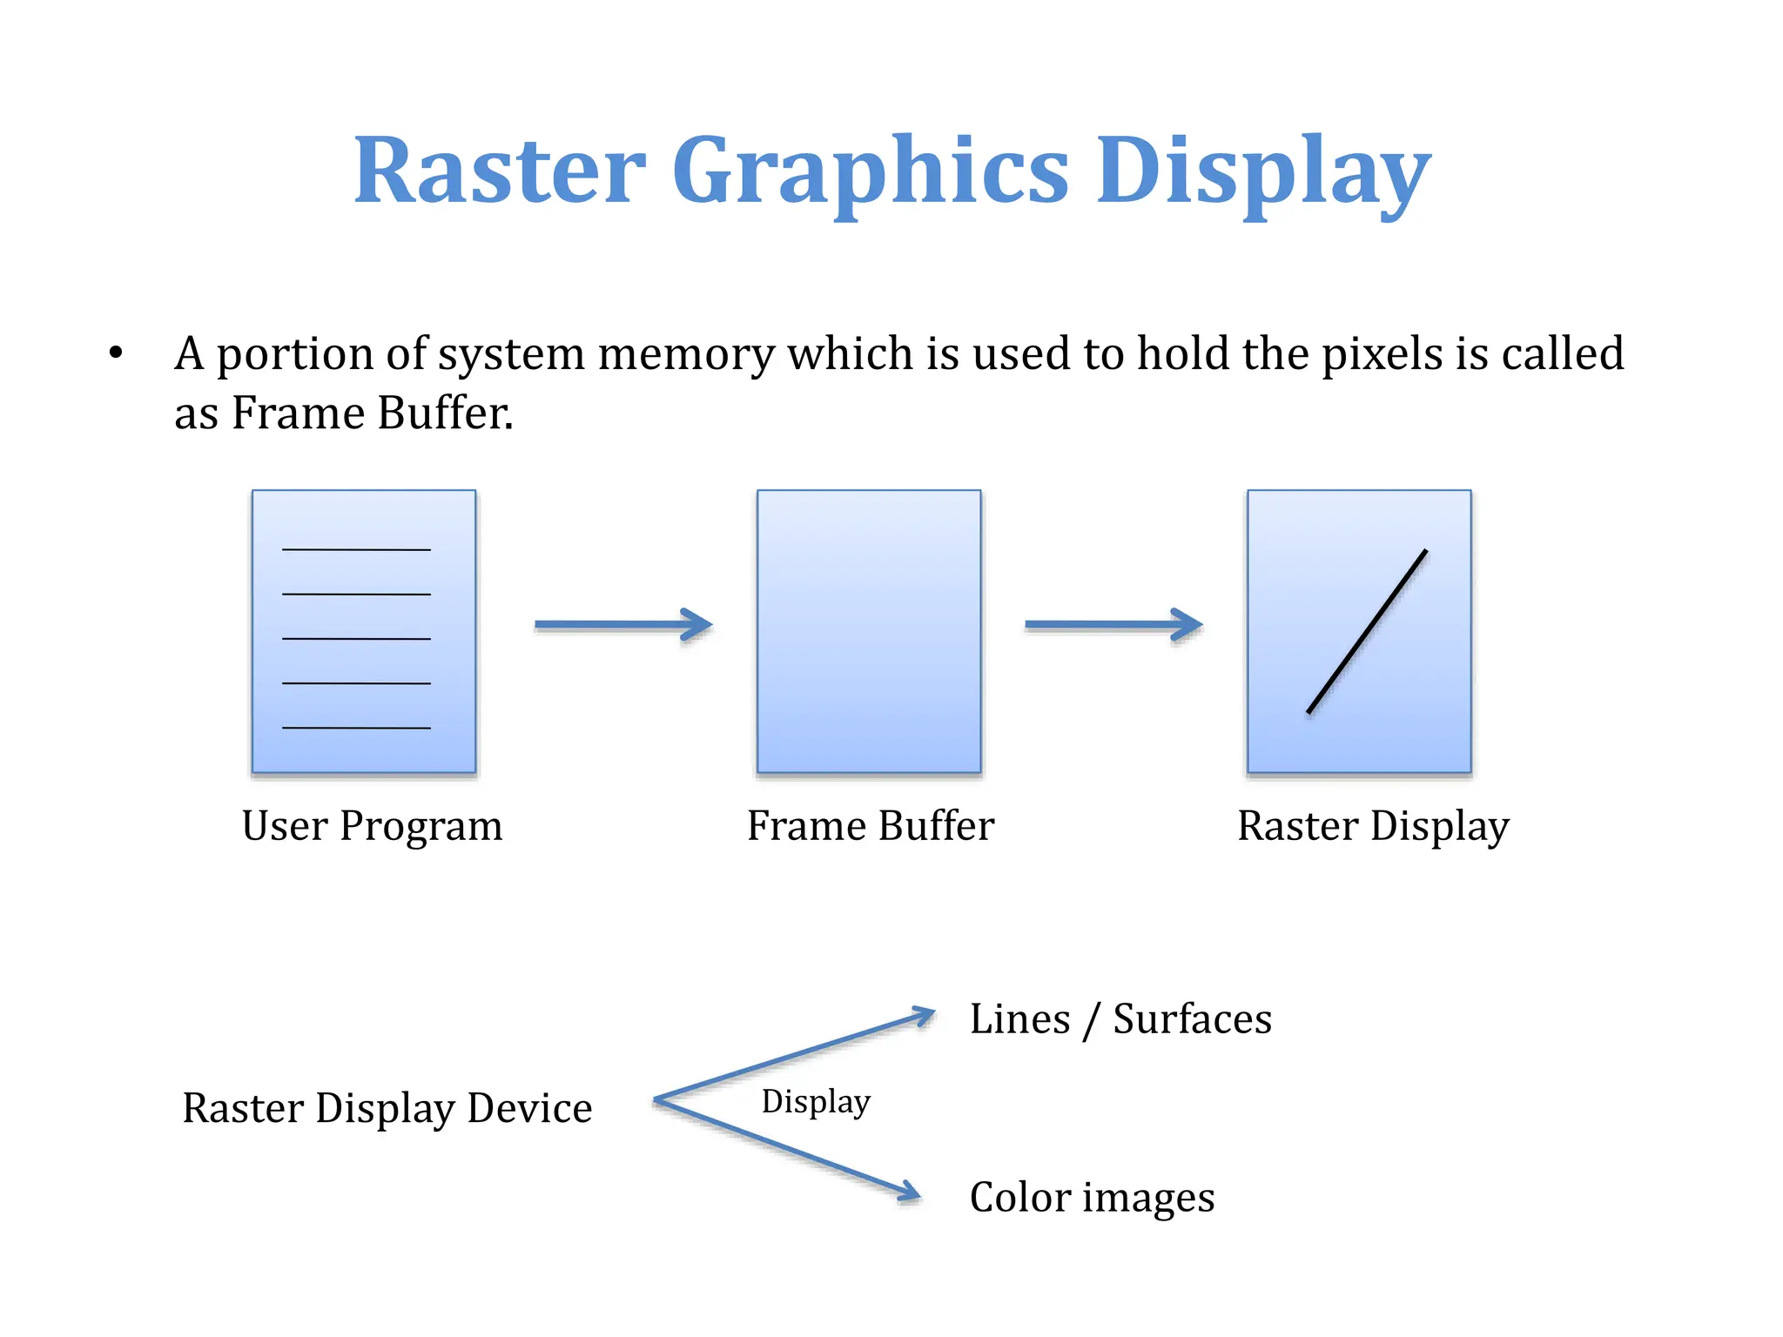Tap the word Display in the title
point(1262,172)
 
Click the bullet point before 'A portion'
point(116,353)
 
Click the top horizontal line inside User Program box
point(356,550)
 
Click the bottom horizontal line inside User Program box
point(356,728)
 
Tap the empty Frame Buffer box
point(869,631)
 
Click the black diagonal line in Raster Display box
point(1367,631)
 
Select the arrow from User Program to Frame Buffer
point(622,624)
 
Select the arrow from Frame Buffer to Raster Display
point(1114,624)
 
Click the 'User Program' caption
point(372,826)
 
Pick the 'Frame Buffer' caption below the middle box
point(870,826)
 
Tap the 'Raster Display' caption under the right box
point(1373,826)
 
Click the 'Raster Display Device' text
point(387,1109)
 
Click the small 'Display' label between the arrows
point(816,1102)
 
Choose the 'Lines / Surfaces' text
point(1120,1019)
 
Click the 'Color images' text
point(1092,1198)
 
